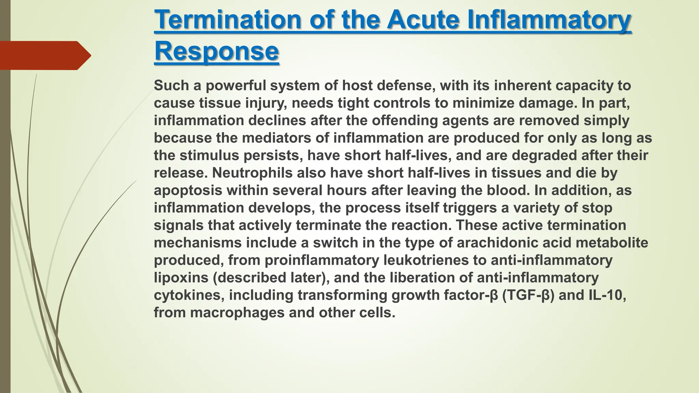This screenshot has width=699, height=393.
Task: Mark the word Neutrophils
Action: (252, 173)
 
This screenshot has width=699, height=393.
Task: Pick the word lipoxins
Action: (181, 277)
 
